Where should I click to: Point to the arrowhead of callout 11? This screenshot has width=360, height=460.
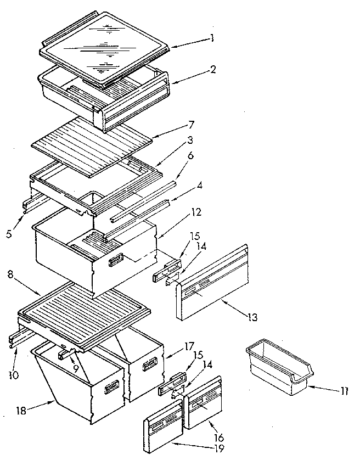(308, 386)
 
